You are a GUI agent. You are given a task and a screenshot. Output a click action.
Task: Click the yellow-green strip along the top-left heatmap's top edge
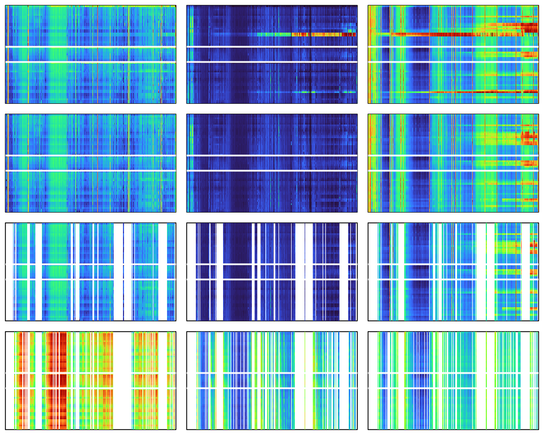109,7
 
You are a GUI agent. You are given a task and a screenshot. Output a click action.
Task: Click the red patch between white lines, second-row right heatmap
528,163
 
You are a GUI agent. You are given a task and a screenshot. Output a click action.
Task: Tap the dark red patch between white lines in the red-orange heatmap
57,380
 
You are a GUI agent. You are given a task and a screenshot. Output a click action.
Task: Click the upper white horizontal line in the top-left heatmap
90,47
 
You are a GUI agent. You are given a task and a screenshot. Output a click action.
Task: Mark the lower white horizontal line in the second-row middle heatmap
272,170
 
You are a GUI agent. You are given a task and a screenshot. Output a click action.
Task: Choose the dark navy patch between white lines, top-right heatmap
419,54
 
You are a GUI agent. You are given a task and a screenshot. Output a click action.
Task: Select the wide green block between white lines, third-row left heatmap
57,272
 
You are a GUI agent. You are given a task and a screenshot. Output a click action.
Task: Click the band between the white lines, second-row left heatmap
90,163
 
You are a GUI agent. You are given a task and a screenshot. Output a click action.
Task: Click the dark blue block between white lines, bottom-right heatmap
419,380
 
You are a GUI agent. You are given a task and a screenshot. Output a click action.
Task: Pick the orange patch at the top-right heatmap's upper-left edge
372,22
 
